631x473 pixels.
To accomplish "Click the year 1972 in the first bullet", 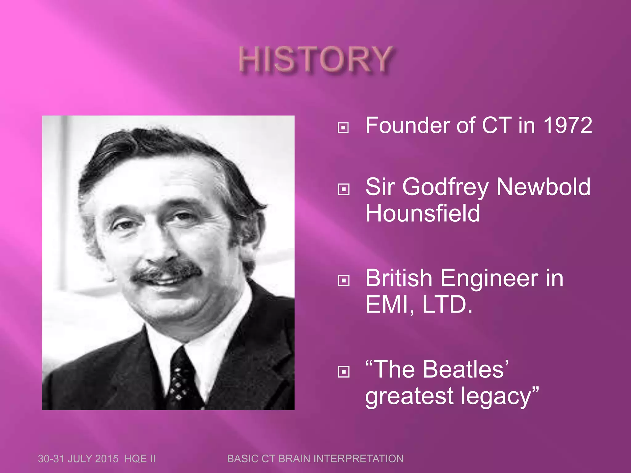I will point(567,126).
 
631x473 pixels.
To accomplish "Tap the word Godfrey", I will point(445,187).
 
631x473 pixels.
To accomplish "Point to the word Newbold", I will point(543,187).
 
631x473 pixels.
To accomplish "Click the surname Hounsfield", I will point(423,213).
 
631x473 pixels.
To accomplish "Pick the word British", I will point(399,278).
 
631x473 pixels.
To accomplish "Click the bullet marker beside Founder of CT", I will point(343,127).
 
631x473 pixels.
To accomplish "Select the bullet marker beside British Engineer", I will point(343,280).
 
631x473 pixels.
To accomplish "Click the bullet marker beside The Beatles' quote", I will point(343,372).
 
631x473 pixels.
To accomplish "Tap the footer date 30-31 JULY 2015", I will point(78,459).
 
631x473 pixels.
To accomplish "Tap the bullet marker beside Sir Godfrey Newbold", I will point(343,189).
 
